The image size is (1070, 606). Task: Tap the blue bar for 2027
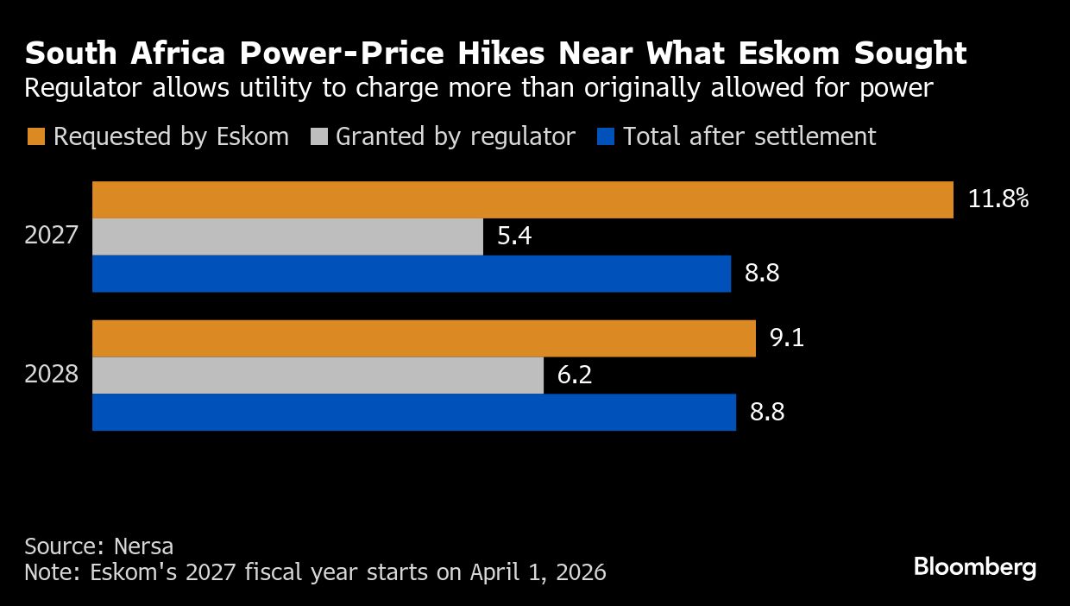(x=411, y=274)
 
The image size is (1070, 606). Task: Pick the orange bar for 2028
(x=424, y=338)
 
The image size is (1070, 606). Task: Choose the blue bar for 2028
(x=413, y=413)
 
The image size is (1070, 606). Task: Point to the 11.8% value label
(x=998, y=200)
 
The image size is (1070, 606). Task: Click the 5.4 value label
(x=514, y=237)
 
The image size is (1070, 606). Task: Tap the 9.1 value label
(x=786, y=338)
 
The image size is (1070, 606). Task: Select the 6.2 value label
(x=575, y=376)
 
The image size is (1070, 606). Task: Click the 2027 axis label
(x=52, y=237)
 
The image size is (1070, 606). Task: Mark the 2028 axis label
(x=52, y=376)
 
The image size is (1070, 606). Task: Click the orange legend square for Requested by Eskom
(x=35, y=137)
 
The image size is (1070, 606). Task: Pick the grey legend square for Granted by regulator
(x=318, y=137)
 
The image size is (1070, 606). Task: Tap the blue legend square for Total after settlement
(x=606, y=137)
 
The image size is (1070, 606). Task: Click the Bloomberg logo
(x=974, y=567)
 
